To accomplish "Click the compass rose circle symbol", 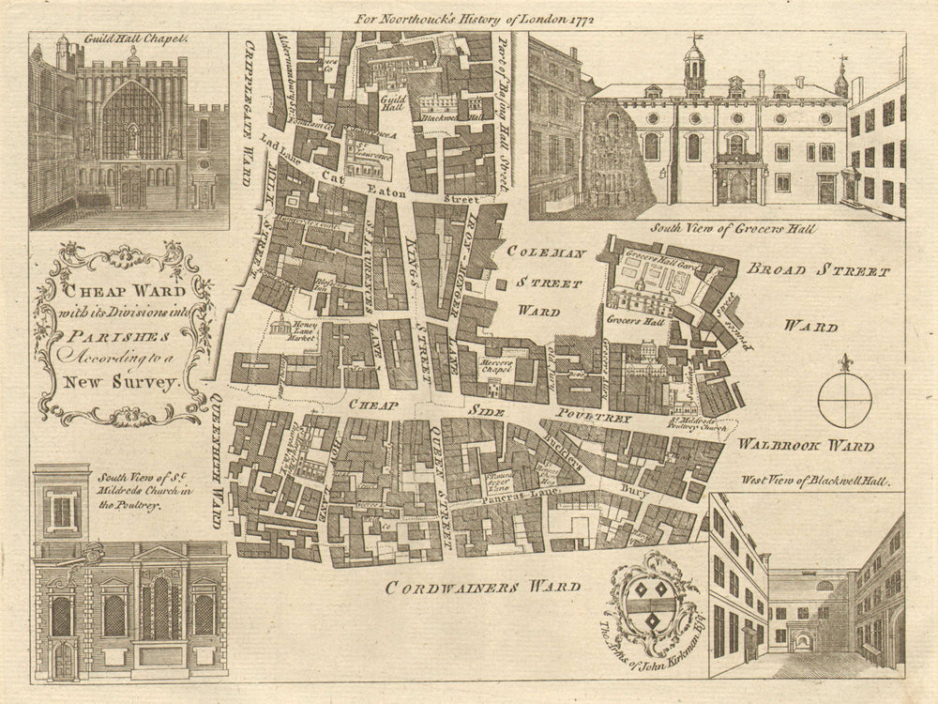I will pyautogui.click(x=844, y=400).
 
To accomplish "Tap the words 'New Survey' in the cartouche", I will pyautogui.click(x=122, y=382).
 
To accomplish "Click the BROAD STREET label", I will pyautogui.click(x=817, y=271).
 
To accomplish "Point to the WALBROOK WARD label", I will pyautogui.click(x=806, y=445).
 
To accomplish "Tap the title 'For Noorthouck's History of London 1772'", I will pyautogui.click(x=477, y=18).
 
